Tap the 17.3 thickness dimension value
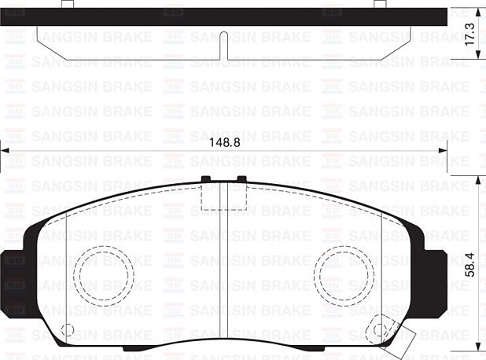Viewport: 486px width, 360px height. (470, 37)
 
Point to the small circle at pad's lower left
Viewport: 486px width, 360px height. (67, 329)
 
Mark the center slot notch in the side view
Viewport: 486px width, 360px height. (224, 46)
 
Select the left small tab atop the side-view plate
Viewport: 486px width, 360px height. (68, 4)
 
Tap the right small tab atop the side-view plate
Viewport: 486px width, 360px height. (380, 4)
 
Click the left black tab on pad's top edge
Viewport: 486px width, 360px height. (206, 179)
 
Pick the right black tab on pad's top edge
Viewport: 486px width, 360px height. (241, 179)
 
